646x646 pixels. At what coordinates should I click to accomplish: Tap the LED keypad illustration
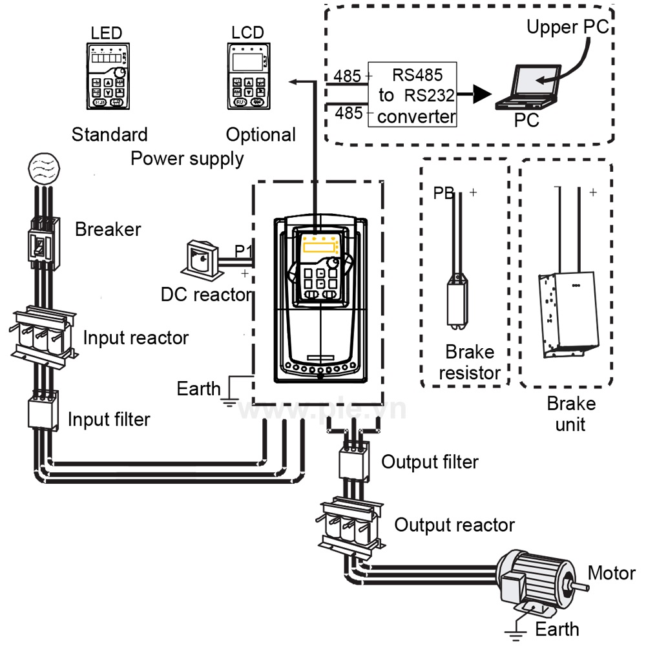tap(108, 75)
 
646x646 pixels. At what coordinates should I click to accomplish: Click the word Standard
tap(109, 134)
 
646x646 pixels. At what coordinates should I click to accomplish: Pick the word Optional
tap(260, 134)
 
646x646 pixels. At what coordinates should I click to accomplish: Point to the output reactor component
tap(351, 525)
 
